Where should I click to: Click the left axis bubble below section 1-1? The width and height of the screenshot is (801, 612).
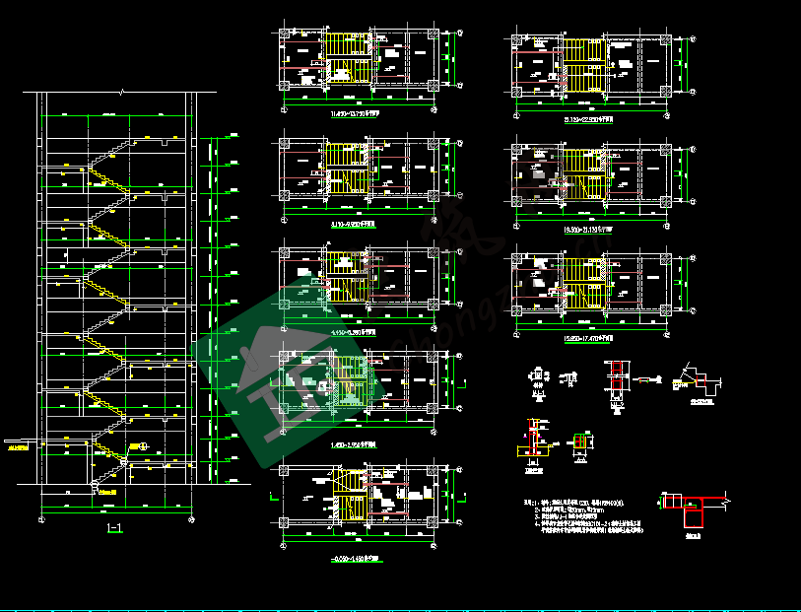(x=41, y=517)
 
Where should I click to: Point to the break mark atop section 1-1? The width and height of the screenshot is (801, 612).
(x=120, y=92)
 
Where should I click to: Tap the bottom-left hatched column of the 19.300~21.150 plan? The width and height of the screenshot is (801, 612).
(x=516, y=204)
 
